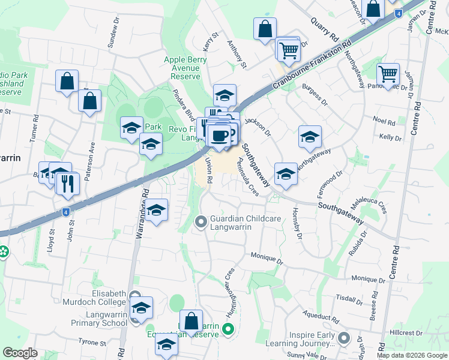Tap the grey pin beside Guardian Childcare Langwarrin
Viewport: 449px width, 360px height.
click(x=200, y=223)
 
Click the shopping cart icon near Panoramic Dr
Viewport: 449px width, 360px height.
click(x=388, y=74)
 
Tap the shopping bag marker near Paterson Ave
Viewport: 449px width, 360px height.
click(x=89, y=101)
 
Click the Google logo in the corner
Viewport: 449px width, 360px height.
click(x=20, y=353)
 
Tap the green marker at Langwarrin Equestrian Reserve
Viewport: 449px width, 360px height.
click(x=228, y=328)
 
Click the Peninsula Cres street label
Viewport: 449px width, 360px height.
click(x=248, y=178)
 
